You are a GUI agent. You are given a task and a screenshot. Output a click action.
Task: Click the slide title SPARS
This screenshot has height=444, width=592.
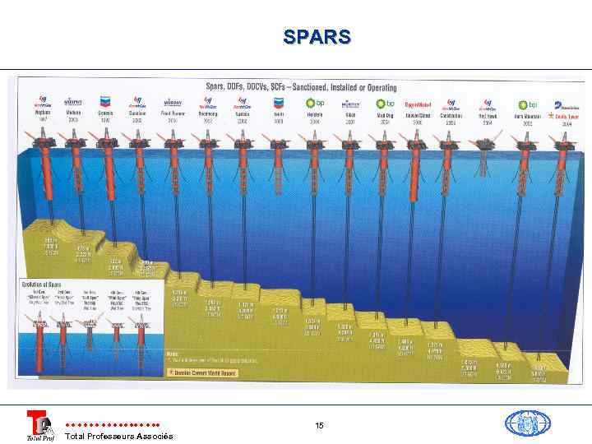317,37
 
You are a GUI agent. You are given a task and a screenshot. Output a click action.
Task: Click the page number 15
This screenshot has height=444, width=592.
319,425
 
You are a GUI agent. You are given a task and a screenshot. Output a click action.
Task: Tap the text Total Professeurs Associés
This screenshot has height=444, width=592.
118,436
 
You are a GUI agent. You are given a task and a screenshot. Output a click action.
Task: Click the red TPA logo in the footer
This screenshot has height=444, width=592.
38,424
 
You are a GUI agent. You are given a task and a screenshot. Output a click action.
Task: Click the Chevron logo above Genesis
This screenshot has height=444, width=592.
104,102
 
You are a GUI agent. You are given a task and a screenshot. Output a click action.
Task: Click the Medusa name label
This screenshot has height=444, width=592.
73,114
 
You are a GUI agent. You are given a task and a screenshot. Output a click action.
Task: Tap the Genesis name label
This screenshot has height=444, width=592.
104,114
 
